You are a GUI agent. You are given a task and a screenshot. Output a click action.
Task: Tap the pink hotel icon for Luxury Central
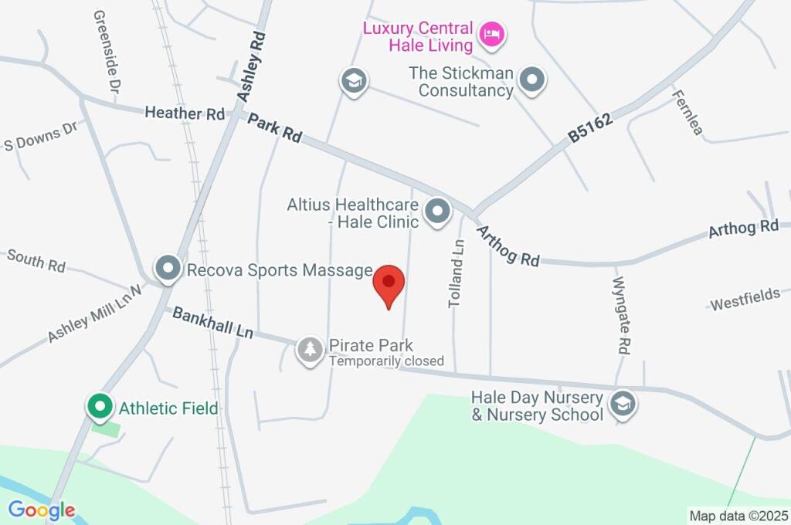(491, 33)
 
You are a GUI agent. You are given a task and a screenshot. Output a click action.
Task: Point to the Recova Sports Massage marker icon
(167, 269)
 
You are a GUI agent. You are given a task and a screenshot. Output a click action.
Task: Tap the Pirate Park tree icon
(311, 350)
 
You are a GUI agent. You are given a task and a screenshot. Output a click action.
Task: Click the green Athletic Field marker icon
(99, 405)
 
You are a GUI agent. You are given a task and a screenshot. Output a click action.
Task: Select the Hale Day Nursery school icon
(621, 402)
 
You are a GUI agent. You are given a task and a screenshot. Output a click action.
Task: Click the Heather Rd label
(185, 113)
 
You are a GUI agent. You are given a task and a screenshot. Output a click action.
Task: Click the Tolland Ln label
(457, 273)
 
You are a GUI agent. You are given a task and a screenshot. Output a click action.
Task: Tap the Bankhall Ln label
(212, 323)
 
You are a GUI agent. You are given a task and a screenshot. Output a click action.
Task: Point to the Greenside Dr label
(107, 52)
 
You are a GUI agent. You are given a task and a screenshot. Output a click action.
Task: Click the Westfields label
(745, 300)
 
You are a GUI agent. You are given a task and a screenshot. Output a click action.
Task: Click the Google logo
(42, 510)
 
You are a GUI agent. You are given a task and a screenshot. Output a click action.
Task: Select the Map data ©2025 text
(738, 515)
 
